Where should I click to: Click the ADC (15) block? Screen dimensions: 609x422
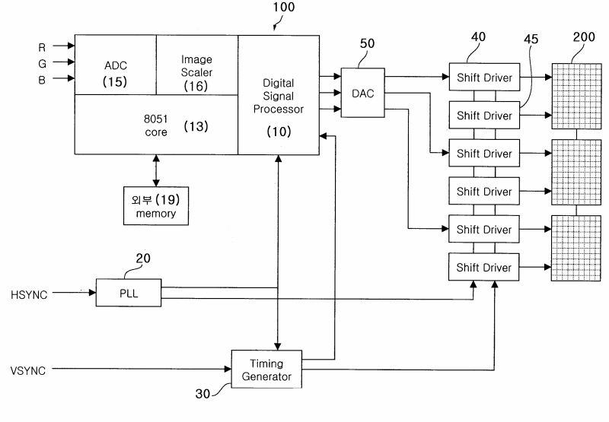pyautogui.click(x=116, y=65)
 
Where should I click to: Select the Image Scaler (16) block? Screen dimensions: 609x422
pyautogui.click(x=197, y=65)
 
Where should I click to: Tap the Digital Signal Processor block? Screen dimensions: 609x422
pyautogui.click(x=279, y=95)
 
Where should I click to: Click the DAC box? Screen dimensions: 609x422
pyautogui.click(x=363, y=93)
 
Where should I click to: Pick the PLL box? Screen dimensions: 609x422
pyautogui.click(x=129, y=293)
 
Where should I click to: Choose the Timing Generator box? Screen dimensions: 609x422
pyautogui.click(x=266, y=370)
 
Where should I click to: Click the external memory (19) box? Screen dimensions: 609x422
pyautogui.click(x=156, y=206)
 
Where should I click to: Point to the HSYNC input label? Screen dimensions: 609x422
pyautogui.click(x=29, y=295)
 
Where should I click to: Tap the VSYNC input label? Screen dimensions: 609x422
pyautogui.click(x=28, y=371)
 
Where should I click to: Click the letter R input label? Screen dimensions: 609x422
pyautogui.click(x=42, y=47)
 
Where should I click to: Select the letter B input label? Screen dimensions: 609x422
pyautogui.click(x=42, y=80)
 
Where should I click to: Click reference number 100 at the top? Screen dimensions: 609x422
pyautogui.click(x=283, y=7)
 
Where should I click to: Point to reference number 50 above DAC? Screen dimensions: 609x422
pyautogui.click(x=367, y=43)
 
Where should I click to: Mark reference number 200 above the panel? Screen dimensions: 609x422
pyautogui.click(x=584, y=36)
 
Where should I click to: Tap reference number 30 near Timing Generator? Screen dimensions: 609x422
pyautogui.click(x=202, y=394)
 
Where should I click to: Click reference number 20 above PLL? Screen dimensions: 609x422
pyautogui.click(x=143, y=259)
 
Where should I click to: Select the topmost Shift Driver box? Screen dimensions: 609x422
pyautogui.click(x=484, y=78)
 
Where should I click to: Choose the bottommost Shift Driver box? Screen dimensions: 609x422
pyautogui.click(x=484, y=267)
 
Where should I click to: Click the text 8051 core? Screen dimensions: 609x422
pyautogui.click(x=156, y=125)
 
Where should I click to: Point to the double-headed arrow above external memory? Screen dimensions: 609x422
pyautogui.click(x=156, y=170)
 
